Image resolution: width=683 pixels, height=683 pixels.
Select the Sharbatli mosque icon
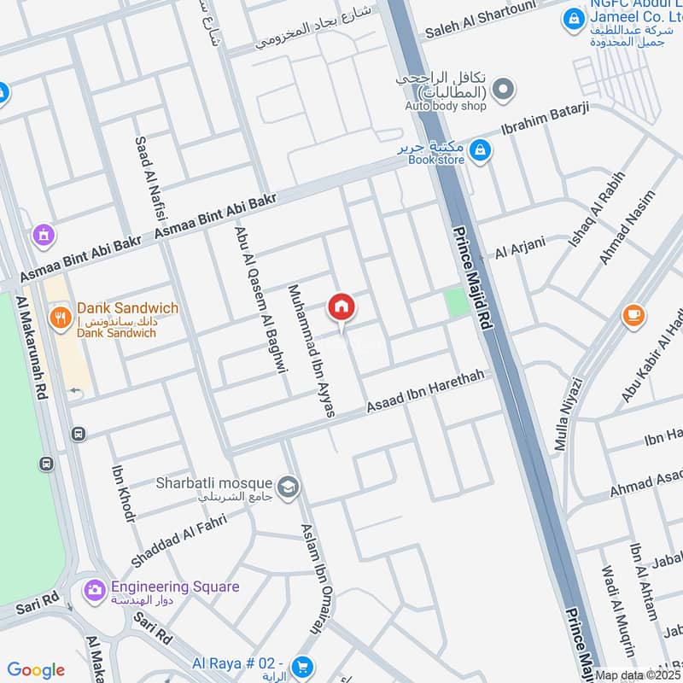[289, 486]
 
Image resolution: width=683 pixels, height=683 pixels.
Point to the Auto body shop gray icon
[504, 88]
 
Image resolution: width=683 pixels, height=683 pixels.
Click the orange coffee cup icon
[633, 315]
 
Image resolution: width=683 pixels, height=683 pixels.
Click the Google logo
[36, 670]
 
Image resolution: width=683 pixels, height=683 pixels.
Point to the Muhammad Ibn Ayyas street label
[309, 350]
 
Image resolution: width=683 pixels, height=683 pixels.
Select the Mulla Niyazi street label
[568, 414]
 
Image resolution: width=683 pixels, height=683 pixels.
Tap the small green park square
[458, 302]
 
